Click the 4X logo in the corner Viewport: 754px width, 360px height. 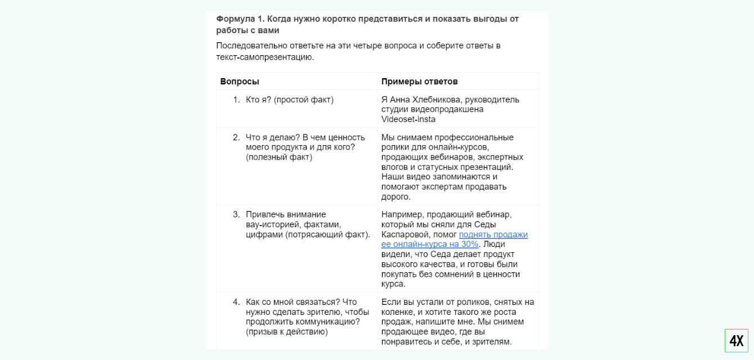tap(736, 340)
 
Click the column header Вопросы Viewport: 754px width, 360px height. tap(240, 82)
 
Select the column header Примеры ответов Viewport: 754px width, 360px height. tap(419, 82)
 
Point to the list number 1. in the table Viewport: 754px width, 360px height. tap(236, 100)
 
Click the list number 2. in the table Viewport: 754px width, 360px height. tap(236, 137)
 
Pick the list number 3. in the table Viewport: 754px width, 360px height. tap(236, 214)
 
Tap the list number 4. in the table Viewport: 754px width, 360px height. tap(236, 302)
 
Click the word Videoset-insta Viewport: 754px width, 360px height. tap(408, 119)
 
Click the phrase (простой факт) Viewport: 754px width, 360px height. tap(304, 100)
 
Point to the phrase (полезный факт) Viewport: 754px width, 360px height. tap(279, 157)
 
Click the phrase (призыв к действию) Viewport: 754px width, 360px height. tap(287, 332)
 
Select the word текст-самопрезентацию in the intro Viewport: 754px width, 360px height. tap(264, 57)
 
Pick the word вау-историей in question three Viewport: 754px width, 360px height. tap(270, 224)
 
